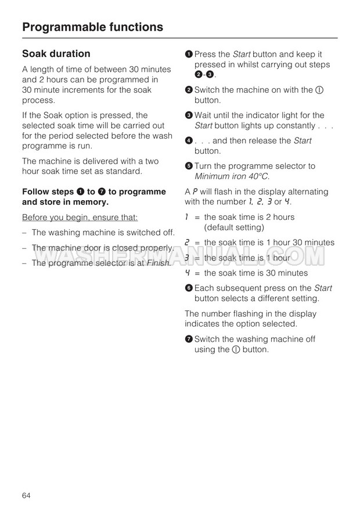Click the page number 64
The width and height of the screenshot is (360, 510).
coord(26,495)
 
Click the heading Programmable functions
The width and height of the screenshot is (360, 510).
coord(92,27)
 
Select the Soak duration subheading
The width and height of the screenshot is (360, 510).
coord(56,54)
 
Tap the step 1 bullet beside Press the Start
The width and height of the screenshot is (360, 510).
coord(189,54)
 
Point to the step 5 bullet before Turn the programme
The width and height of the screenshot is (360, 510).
coord(189,166)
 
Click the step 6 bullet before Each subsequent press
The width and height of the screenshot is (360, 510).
coord(189,288)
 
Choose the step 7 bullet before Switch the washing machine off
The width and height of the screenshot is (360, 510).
coord(189,339)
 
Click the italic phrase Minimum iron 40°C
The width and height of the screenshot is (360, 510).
coord(232,176)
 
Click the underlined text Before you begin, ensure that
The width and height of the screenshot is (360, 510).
coord(80,218)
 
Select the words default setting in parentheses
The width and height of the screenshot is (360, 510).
coord(235,227)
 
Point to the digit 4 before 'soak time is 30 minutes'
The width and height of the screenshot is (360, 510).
coord(188,273)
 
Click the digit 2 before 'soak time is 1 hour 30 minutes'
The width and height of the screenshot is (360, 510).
coord(188,243)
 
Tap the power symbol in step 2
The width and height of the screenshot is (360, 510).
coord(319,90)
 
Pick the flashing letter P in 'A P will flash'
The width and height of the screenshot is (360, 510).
coord(195,191)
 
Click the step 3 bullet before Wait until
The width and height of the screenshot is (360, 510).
coord(189,115)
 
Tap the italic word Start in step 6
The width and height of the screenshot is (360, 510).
coord(323,288)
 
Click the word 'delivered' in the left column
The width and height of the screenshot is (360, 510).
coord(92,161)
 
